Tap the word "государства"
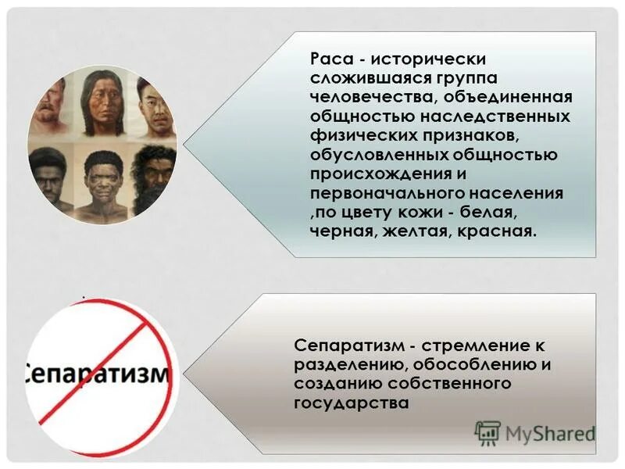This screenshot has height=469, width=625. [x=352, y=403]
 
